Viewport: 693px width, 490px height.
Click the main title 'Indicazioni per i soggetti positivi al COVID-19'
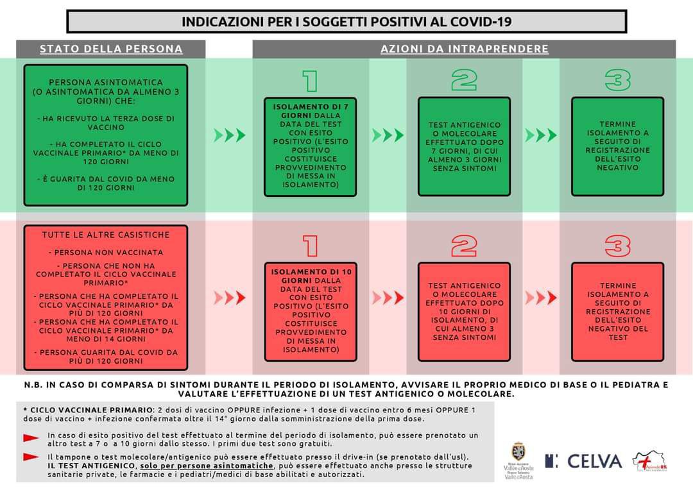[x=346, y=21]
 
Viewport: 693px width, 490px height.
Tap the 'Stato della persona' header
[x=111, y=49]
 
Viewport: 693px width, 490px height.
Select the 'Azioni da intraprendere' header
[x=464, y=49]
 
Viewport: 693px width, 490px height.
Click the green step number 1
[x=311, y=81]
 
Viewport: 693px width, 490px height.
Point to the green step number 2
[x=464, y=81]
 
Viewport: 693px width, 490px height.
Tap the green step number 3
[x=617, y=81]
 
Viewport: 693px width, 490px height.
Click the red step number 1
[x=311, y=245]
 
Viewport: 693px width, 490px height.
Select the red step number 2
[x=464, y=245]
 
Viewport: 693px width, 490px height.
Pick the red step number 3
[x=617, y=245]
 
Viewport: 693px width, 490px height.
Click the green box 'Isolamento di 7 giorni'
[x=311, y=146]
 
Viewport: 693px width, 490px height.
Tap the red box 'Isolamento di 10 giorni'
[x=311, y=311]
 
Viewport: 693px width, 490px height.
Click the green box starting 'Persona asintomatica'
[x=106, y=135]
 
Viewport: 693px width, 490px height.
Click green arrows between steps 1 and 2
[x=388, y=135]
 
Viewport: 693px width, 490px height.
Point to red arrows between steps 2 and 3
[x=540, y=298]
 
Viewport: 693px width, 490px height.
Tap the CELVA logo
[x=584, y=460]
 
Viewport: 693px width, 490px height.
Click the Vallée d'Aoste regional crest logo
[x=518, y=460]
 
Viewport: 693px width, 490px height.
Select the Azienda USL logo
[x=649, y=460]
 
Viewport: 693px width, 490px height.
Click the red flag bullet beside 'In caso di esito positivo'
[x=31, y=438]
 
